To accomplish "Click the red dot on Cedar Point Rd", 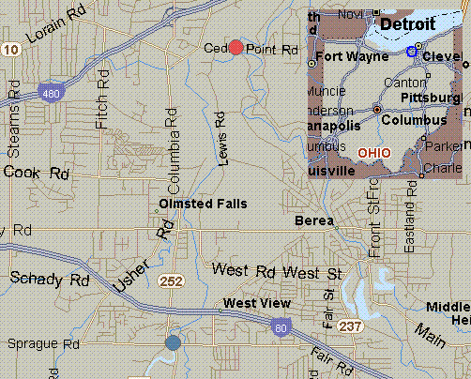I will click(x=236, y=48).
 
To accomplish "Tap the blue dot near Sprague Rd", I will click(x=173, y=343).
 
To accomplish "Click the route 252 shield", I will click(x=171, y=280).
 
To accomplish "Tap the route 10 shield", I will click(x=9, y=49).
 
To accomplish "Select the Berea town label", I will click(x=313, y=220).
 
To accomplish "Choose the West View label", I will click(x=254, y=303).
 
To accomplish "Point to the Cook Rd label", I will click(x=37, y=173).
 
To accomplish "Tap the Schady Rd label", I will click(x=49, y=280).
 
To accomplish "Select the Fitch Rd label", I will click(x=102, y=102).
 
